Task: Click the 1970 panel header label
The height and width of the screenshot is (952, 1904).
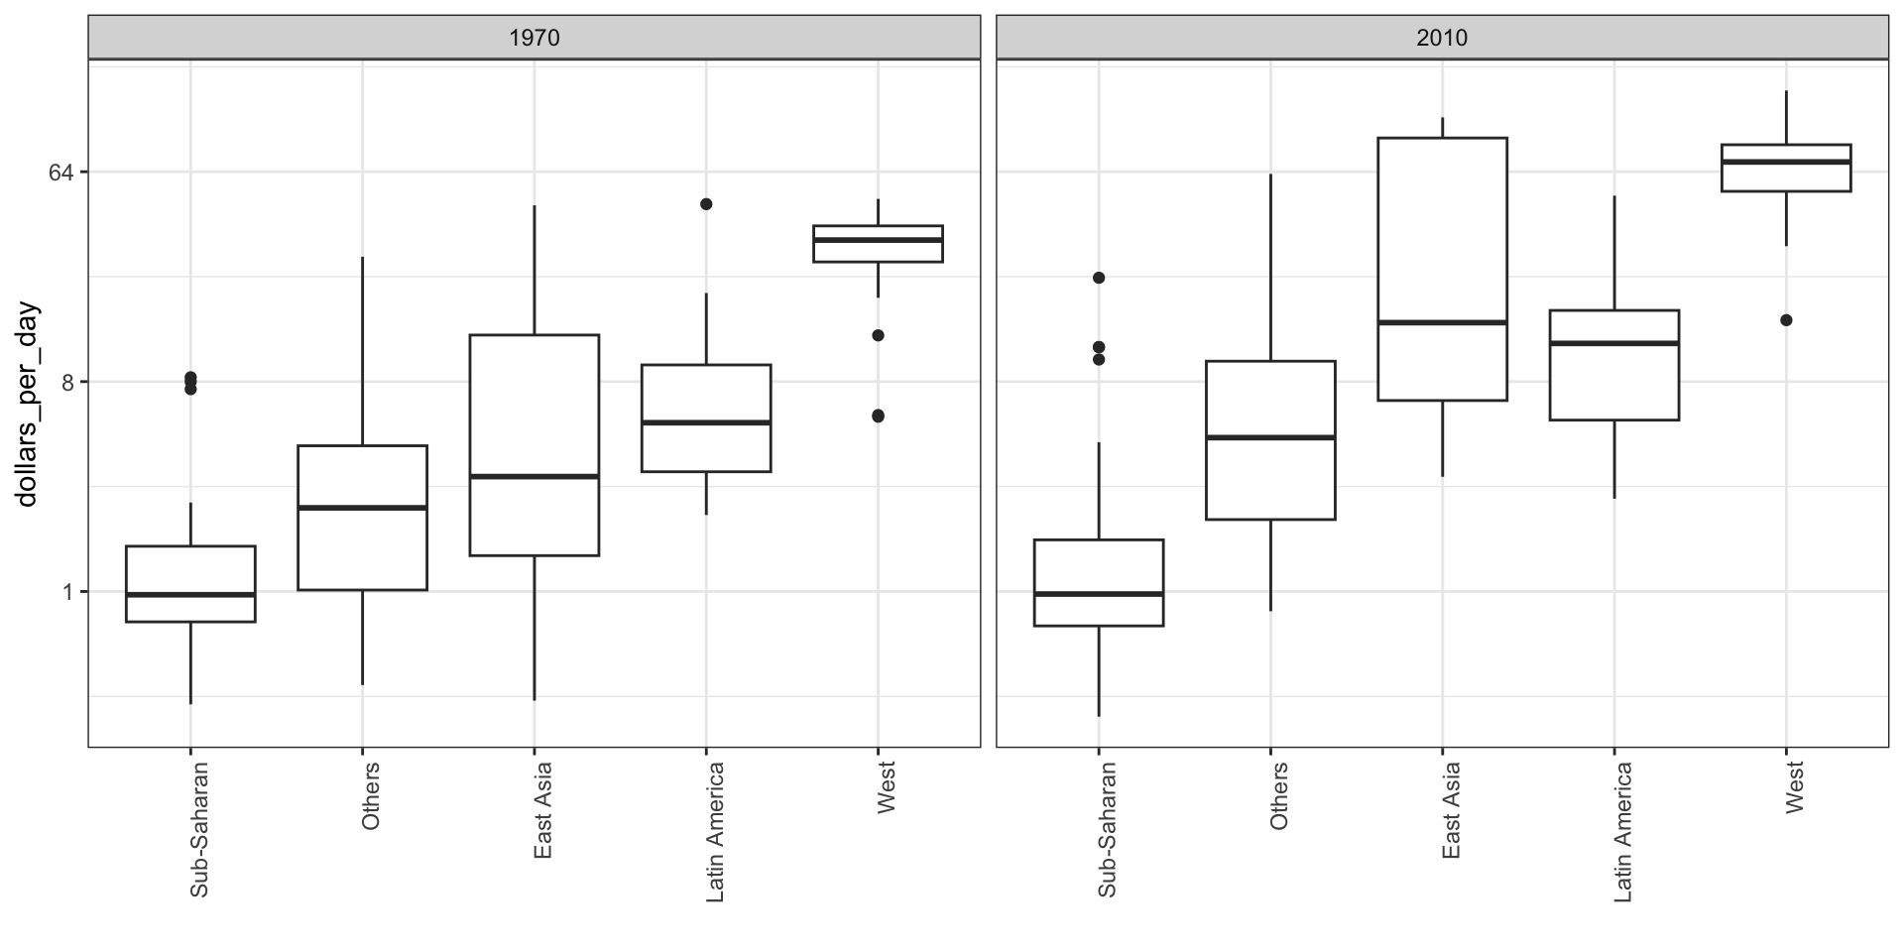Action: [x=534, y=38]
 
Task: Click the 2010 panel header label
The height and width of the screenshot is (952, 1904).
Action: [x=1442, y=38]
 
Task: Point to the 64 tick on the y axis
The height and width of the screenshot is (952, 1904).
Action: [x=62, y=173]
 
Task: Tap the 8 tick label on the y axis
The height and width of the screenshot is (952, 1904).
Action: [x=67, y=383]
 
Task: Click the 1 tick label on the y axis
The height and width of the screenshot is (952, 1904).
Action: [x=67, y=592]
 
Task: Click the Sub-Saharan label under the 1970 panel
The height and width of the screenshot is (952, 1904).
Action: [x=198, y=829]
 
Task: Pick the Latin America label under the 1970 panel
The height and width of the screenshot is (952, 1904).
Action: [x=714, y=832]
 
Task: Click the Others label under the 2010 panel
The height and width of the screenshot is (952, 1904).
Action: [x=1278, y=795]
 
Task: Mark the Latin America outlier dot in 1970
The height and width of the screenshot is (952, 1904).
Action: [x=706, y=204]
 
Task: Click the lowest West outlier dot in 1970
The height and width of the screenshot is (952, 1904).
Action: [x=878, y=416]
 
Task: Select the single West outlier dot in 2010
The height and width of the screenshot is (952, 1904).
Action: [x=1786, y=320]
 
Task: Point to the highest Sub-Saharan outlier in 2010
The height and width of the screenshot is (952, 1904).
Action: [x=1099, y=278]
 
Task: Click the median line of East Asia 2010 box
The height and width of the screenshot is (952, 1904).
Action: [x=1442, y=322]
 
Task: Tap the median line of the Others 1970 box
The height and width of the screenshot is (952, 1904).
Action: [x=362, y=508]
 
